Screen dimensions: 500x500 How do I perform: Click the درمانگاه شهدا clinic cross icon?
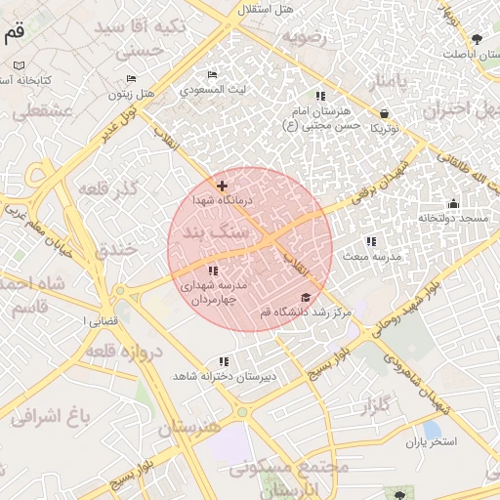pos(223,185)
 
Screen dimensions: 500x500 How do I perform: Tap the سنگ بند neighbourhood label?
pos(214,234)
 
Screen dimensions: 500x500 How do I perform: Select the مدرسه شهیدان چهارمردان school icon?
pos(213,271)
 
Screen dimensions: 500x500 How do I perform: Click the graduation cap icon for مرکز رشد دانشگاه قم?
pos(306,298)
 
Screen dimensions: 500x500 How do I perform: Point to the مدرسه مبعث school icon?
pos(370,240)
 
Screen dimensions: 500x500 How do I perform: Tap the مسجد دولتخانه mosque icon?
pos(453,204)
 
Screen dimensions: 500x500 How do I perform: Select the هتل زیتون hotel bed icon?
pos(132,79)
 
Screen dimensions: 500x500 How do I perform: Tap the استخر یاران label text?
pos(431,442)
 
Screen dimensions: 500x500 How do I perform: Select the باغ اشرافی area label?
pos(50,418)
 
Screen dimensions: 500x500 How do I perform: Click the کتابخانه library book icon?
pos(19,65)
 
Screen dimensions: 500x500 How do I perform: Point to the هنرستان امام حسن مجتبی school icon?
pos(320,96)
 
